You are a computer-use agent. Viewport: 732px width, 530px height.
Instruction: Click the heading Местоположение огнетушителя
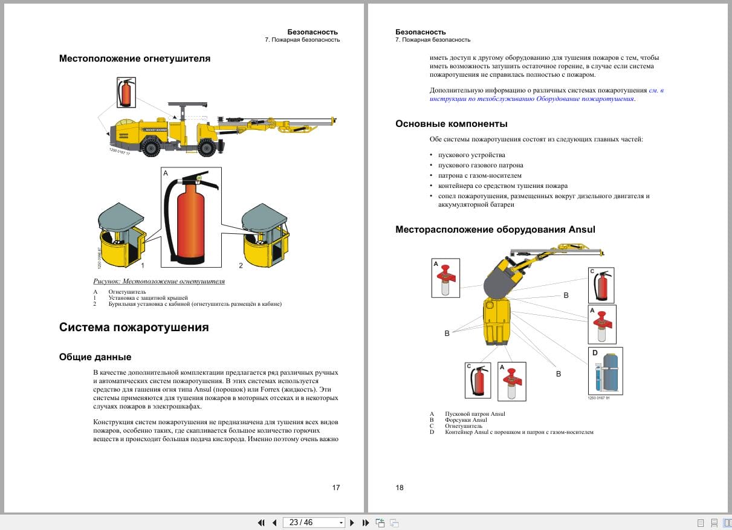(x=134, y=59)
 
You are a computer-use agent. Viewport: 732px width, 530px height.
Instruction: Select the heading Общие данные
(x=95, y=357)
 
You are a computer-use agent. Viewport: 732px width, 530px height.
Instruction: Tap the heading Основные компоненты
(x=451, y=124)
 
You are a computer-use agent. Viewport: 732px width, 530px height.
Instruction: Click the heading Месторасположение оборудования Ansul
(x=495, y=230)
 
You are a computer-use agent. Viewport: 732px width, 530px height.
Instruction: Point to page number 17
(x=336, y=488)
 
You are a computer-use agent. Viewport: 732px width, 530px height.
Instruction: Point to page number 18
(x=400, y=488)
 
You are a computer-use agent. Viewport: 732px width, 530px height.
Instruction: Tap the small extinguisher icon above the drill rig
(x=126, y=92)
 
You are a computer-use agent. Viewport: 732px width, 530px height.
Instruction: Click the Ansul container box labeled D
(x=605, y=371)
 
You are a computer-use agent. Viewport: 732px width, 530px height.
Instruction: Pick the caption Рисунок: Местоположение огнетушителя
(x=159, y=281)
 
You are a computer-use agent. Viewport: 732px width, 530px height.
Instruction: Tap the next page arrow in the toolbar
(x=352, y=523)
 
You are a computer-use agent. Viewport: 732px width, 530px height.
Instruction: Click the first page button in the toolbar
(x=261, y=523)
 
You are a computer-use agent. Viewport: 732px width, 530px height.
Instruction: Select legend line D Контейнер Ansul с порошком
(x=519, y=432)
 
